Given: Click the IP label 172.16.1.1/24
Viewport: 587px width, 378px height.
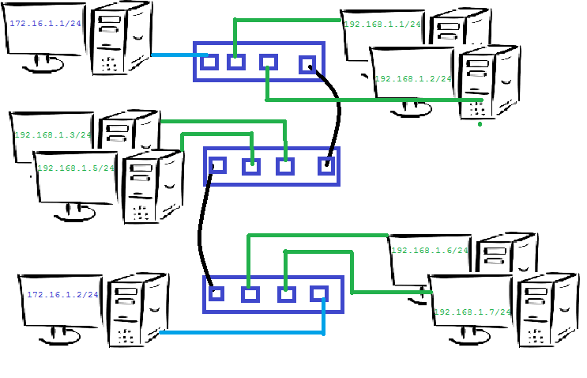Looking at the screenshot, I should point(46,24).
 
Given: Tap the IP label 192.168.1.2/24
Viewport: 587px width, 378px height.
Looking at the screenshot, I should point(412,79).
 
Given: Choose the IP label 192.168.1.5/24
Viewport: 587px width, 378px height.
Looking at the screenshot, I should point(76,168).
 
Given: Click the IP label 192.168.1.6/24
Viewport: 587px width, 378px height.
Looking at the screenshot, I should point(430,250).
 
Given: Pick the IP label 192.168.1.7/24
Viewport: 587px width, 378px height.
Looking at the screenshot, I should point(472,312).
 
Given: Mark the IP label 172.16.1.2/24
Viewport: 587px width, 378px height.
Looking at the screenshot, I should point(62,294).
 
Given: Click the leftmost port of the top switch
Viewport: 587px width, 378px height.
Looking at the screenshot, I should point(210,61).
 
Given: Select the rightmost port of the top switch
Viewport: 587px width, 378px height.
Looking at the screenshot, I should point(307,65).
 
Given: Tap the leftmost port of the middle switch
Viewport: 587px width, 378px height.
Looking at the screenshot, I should point(218,165).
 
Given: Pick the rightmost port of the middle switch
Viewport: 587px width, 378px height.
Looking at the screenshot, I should point(325,166).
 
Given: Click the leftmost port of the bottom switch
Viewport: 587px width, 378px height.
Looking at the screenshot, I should point(216,293).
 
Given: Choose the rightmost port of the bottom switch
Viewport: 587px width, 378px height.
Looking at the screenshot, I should point(319,293).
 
